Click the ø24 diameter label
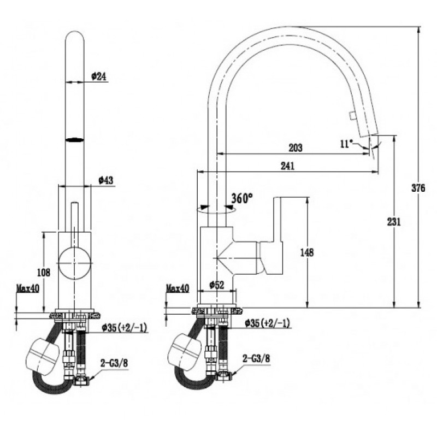(x=99, y=76)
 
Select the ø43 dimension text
(x=106, y=180)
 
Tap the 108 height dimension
(x=44, y=272)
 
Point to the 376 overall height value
(x=418, y=188)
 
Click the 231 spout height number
(x=394, y=222)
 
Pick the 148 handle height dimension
(x=307, y=252)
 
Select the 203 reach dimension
(x=295, y=147)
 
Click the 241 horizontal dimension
(x=287, y=166)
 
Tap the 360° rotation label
(x=242, y=198)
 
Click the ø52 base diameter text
(x=216, y=285)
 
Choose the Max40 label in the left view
(x=28, y=288)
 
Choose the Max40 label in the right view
(x=178, y=288)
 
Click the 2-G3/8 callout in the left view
(x=114, y=363)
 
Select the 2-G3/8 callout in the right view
(x=256, y=358)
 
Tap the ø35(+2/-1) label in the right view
(x=267, y=323)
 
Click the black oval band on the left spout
(x=74, y=140)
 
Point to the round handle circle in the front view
(x=74, y=263)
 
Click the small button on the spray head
(x=352, y=115)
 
